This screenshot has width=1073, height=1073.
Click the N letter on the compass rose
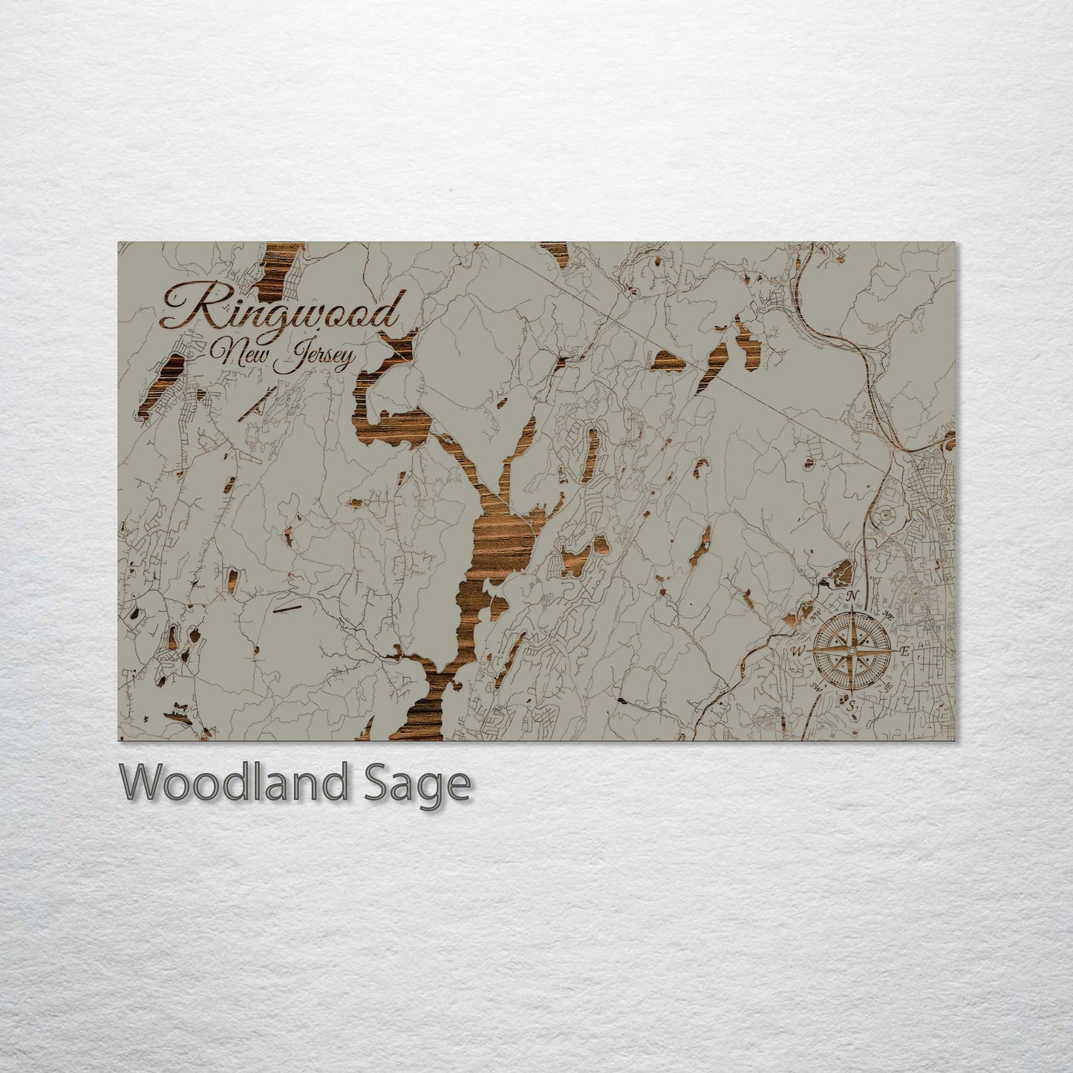point(853,596)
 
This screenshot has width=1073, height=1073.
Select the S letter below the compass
point(853,704)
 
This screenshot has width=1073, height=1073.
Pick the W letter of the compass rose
point(800,651)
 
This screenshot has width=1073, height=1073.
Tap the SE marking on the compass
point(888,687)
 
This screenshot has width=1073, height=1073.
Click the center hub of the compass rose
point(852,650)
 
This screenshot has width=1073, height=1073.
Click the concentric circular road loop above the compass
point(885,515)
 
